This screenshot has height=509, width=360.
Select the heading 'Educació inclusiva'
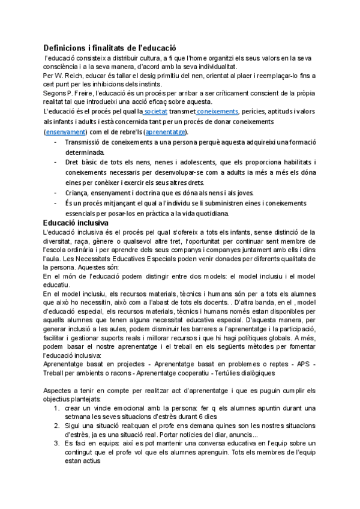[x=76, y=223]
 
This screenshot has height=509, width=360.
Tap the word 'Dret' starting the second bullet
[x=72, y=162]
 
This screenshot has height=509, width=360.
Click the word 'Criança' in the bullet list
[x=79, y=193]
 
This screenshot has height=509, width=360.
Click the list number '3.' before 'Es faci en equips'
[x=56, y=442]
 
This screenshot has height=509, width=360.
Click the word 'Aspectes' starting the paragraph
[x=59, y=390]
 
